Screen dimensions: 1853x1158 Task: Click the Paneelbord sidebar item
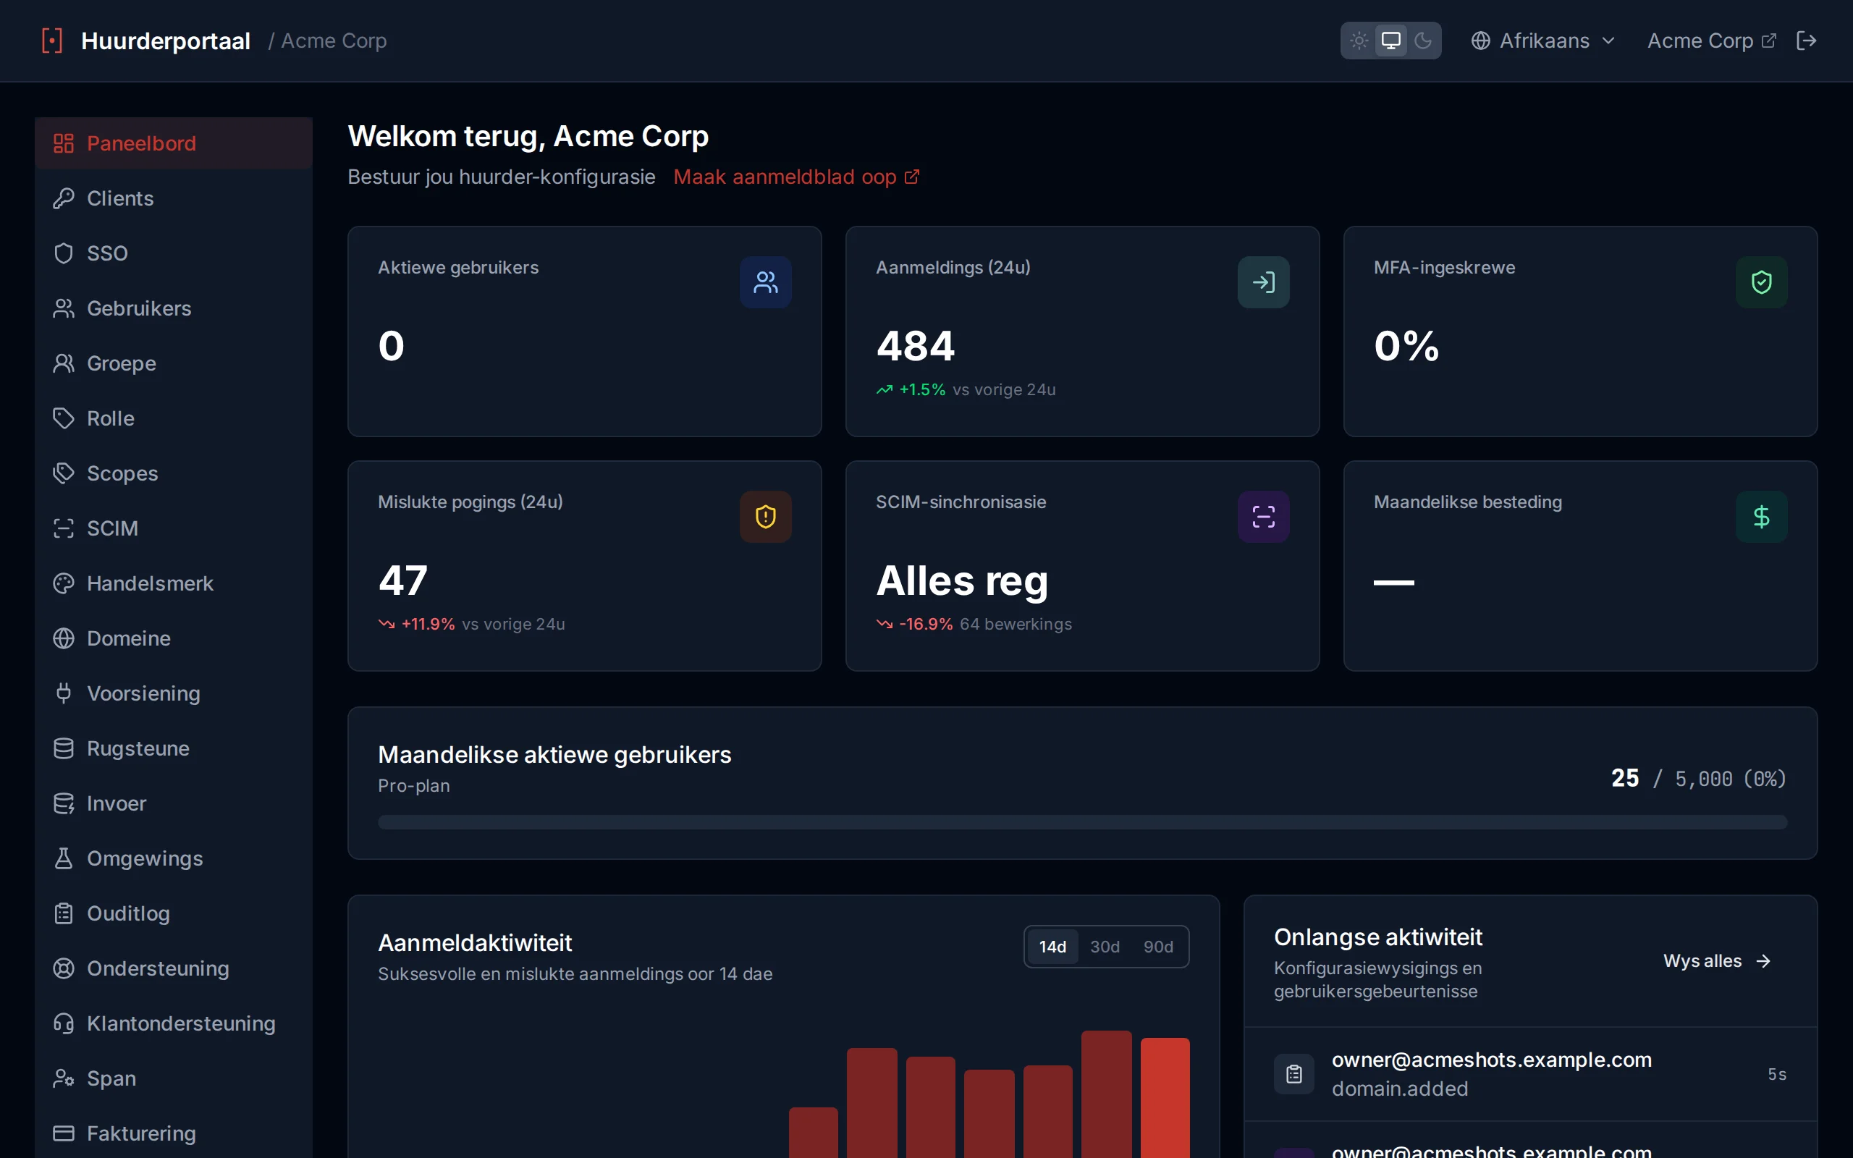[x=173, y=143]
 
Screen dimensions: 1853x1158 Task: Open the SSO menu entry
[x=173, y=253]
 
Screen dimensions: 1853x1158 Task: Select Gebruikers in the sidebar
[x=173, y=308]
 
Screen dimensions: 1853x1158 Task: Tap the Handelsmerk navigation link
[x=173, y=583]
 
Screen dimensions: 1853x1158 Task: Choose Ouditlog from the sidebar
[x=173, y=913]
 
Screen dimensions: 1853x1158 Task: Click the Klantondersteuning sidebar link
[x=173, y=1023]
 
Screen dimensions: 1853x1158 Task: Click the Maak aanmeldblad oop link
[x=796, y=177]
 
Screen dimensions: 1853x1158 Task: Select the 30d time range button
[x=1104, y=947]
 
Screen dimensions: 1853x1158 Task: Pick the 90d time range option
[x=1157, y=947]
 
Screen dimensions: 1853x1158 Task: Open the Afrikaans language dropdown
[x=1543, y=41]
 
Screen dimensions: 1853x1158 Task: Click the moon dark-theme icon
[x=1422, y=41]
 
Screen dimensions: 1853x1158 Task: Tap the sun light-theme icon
[x=1359, y=41]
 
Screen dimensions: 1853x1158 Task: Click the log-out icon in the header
[x=1806, y=41]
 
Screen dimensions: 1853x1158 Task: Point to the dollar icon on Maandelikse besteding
[x=1761, y=517]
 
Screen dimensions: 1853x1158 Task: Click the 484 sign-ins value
[x=916, y=345]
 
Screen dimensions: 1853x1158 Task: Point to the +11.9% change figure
[x=428, y=624]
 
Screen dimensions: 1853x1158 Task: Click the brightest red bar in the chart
[x=1165, y=1097]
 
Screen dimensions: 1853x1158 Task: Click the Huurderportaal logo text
[x=165, y=41]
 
